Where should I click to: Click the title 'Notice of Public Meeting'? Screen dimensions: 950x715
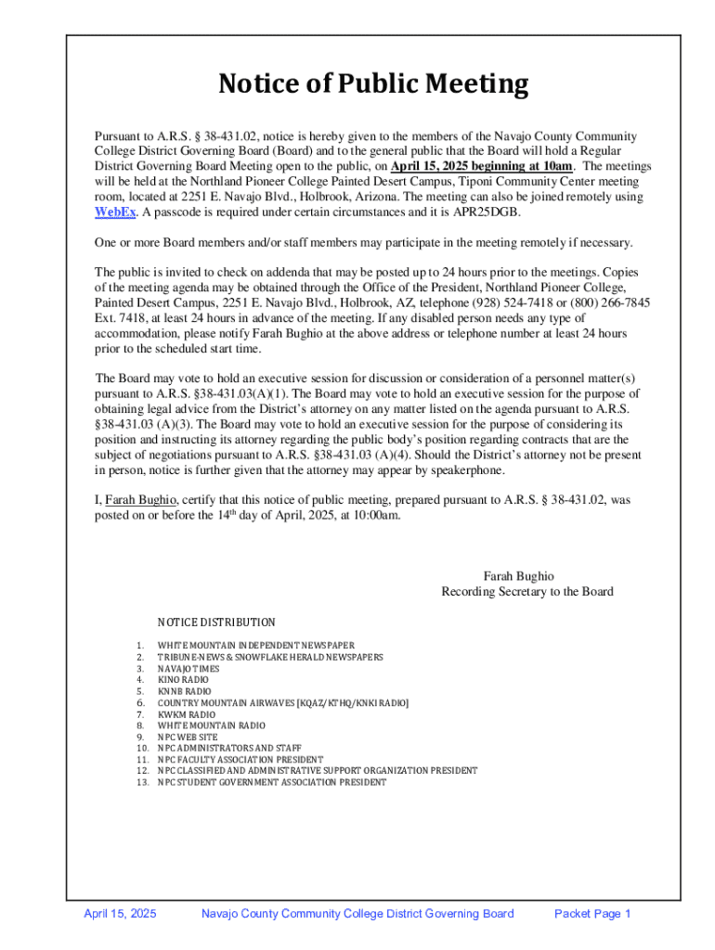[373, 85]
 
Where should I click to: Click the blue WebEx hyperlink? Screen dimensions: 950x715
[113, 212]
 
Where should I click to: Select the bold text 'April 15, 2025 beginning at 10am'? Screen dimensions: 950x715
[482, 166]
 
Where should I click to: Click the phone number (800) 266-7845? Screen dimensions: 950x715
[607, 302]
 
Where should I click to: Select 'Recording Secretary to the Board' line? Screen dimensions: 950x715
[526, 591]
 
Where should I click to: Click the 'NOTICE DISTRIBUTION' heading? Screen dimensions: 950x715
[216, 623]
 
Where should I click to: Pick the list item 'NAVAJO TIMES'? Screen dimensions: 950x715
[188, 668]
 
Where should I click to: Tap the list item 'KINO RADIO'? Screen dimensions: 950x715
[183, 680]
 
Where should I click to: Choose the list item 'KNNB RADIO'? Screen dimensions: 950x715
[184, 691]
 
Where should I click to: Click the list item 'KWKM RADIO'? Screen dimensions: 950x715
[186, 714]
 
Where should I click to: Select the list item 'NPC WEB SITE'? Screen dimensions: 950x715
[188, 737]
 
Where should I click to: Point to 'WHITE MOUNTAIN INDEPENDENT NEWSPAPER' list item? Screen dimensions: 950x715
[255, 646]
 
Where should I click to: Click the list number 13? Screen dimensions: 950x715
[142, 782]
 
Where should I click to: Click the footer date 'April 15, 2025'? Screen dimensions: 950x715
[120, 914]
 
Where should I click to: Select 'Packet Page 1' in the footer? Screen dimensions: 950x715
[592, 914]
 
